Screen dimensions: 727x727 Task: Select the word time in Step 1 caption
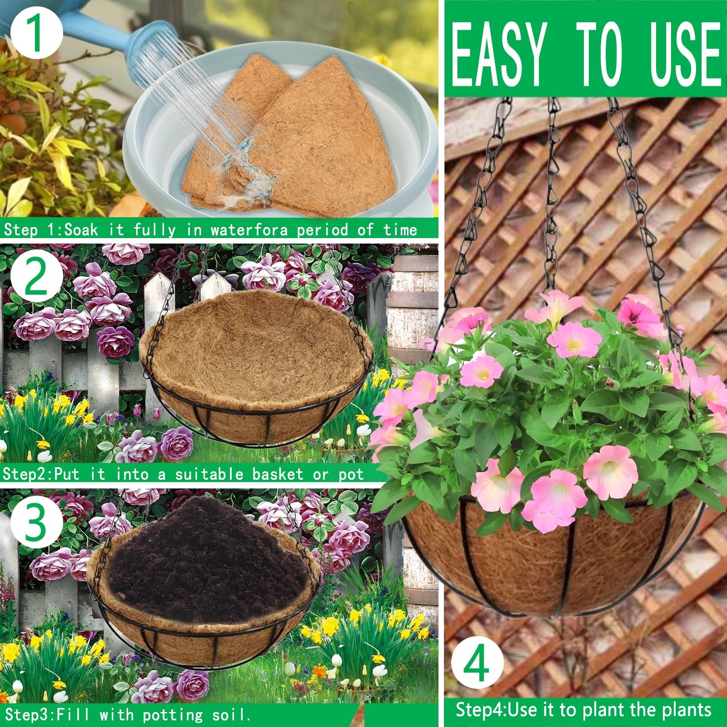[x=400, y=229]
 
